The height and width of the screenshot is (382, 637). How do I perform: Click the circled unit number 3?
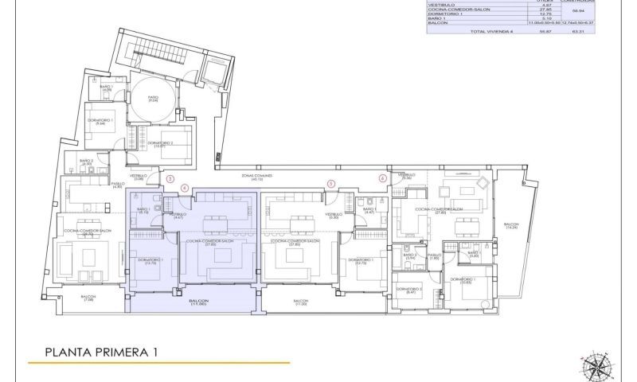point(170,179)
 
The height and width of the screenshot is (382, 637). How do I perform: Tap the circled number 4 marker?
point(185,188)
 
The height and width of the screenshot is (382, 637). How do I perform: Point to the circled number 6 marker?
point(383,179)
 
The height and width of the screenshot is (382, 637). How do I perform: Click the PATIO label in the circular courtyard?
point(154,98)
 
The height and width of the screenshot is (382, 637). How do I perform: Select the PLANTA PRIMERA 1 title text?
point(101,351)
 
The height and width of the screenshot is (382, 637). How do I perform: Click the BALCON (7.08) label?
point(88,298)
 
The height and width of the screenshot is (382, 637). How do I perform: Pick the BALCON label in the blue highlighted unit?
point(198,302)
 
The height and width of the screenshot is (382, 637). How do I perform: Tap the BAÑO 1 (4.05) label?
point(106,88)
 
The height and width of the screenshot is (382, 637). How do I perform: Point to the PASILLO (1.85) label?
point(434,256)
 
